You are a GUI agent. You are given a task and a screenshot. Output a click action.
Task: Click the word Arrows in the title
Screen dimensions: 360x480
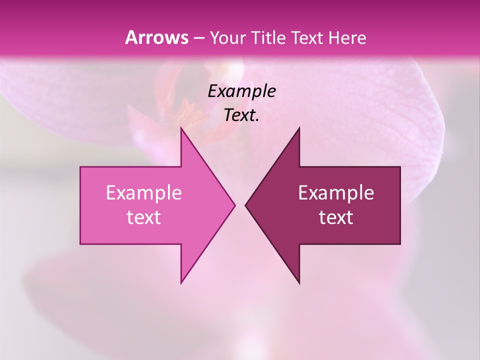(156, 37)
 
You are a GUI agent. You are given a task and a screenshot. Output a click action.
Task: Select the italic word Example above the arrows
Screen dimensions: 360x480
(241, 91)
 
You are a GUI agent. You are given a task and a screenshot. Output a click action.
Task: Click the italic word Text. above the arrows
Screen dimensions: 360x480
(240, 115)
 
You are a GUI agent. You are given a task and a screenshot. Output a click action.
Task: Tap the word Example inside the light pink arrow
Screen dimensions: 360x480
(144, 192)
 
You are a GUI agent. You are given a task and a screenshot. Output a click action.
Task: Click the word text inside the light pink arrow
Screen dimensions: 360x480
(144, 217)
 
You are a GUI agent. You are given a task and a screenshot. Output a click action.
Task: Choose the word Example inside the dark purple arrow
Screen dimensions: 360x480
(336, 192)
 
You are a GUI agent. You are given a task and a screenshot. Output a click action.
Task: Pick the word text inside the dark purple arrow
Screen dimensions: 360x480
(336, 217)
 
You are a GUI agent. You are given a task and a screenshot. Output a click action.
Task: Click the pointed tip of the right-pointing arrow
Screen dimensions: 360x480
(234, 205)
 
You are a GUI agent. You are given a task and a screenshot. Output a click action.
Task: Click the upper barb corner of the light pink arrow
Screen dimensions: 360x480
(181, 128)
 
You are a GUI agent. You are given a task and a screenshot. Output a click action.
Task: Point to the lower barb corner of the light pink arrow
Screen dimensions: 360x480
(181, 283)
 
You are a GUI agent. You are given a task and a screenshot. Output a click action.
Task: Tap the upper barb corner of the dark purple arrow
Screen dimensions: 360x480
(299, 128)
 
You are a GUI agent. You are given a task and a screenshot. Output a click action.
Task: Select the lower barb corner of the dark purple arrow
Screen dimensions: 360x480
(299, 283)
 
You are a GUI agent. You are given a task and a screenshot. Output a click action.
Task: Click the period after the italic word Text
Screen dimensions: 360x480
(258, 120)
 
